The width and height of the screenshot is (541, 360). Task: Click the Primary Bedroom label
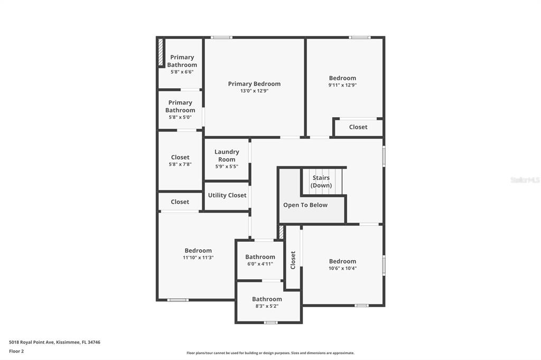[254, 84]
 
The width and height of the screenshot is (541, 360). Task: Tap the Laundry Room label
[227, 156]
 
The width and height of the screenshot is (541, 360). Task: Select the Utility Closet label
[227, 195]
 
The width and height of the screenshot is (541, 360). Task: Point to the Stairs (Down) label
[321, 182]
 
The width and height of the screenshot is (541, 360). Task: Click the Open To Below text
[305, 205]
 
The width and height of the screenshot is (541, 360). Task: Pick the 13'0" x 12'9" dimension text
[254, 91]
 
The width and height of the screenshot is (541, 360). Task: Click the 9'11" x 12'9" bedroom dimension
[342, 85]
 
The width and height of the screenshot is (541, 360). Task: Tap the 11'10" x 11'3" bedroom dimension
[199, 258]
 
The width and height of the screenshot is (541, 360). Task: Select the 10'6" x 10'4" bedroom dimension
[342, 268]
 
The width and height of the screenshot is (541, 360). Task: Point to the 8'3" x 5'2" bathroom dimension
[267, 306]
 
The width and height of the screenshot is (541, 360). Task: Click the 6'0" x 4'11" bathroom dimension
[260, 264]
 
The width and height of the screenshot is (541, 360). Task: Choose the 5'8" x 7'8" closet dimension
[180, 165]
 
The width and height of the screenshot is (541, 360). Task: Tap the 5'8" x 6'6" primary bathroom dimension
[182, 72]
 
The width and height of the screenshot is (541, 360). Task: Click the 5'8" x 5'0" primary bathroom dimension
[180, 117]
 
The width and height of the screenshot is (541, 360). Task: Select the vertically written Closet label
[293, 260]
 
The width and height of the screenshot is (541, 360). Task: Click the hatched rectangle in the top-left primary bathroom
[161, 52]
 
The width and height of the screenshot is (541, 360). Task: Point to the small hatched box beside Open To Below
[281, 232]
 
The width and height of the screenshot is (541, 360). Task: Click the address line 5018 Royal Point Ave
[54, 343]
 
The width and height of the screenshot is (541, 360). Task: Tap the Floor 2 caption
[16, 352]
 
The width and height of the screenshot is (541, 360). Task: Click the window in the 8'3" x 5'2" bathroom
[270, 323]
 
